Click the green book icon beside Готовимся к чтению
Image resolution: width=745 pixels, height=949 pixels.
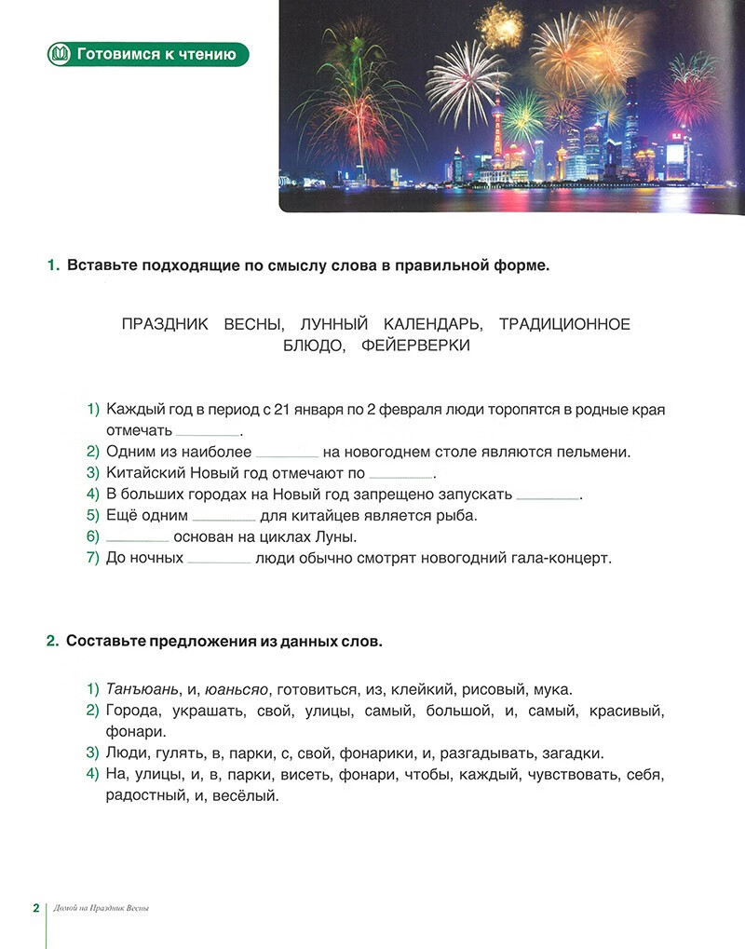[61, 54]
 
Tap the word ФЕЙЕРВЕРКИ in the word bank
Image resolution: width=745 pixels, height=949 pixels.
[422, 346]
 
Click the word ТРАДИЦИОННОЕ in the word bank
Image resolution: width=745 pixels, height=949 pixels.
[564, 324]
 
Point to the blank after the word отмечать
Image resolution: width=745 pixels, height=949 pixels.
[208, 433]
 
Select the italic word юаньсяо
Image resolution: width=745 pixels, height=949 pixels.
[237, 690]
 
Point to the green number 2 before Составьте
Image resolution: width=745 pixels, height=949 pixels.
[52, 642]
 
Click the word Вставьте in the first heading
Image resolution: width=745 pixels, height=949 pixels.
[101, 266]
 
